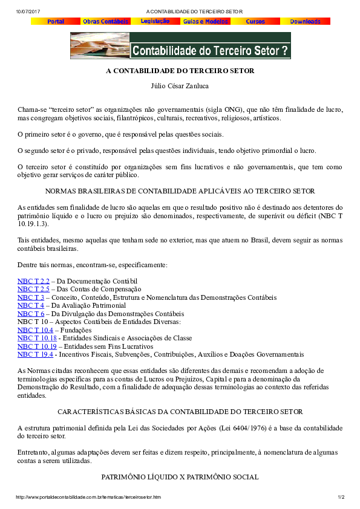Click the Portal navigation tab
(56, 21)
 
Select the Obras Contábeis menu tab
(106, 21)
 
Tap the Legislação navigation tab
(155, 21)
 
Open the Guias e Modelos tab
(206, 21)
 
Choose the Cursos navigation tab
(255, 21)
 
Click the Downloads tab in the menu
(305, 21)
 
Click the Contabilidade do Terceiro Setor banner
(180, 46)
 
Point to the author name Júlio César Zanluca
(180, 86)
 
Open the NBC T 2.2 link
(33, 281)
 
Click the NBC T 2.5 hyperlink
(33, 290)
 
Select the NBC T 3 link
(31, 297)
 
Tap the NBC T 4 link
(31, 306)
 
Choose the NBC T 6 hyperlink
(31, 314)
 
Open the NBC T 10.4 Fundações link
(35, 330)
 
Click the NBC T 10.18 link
(37, 338)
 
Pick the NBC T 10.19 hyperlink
(37, 346)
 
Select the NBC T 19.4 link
(35, 354)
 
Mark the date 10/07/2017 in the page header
(28, 11)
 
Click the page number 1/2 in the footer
(341, 498)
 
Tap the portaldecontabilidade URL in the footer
(88, 498)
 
